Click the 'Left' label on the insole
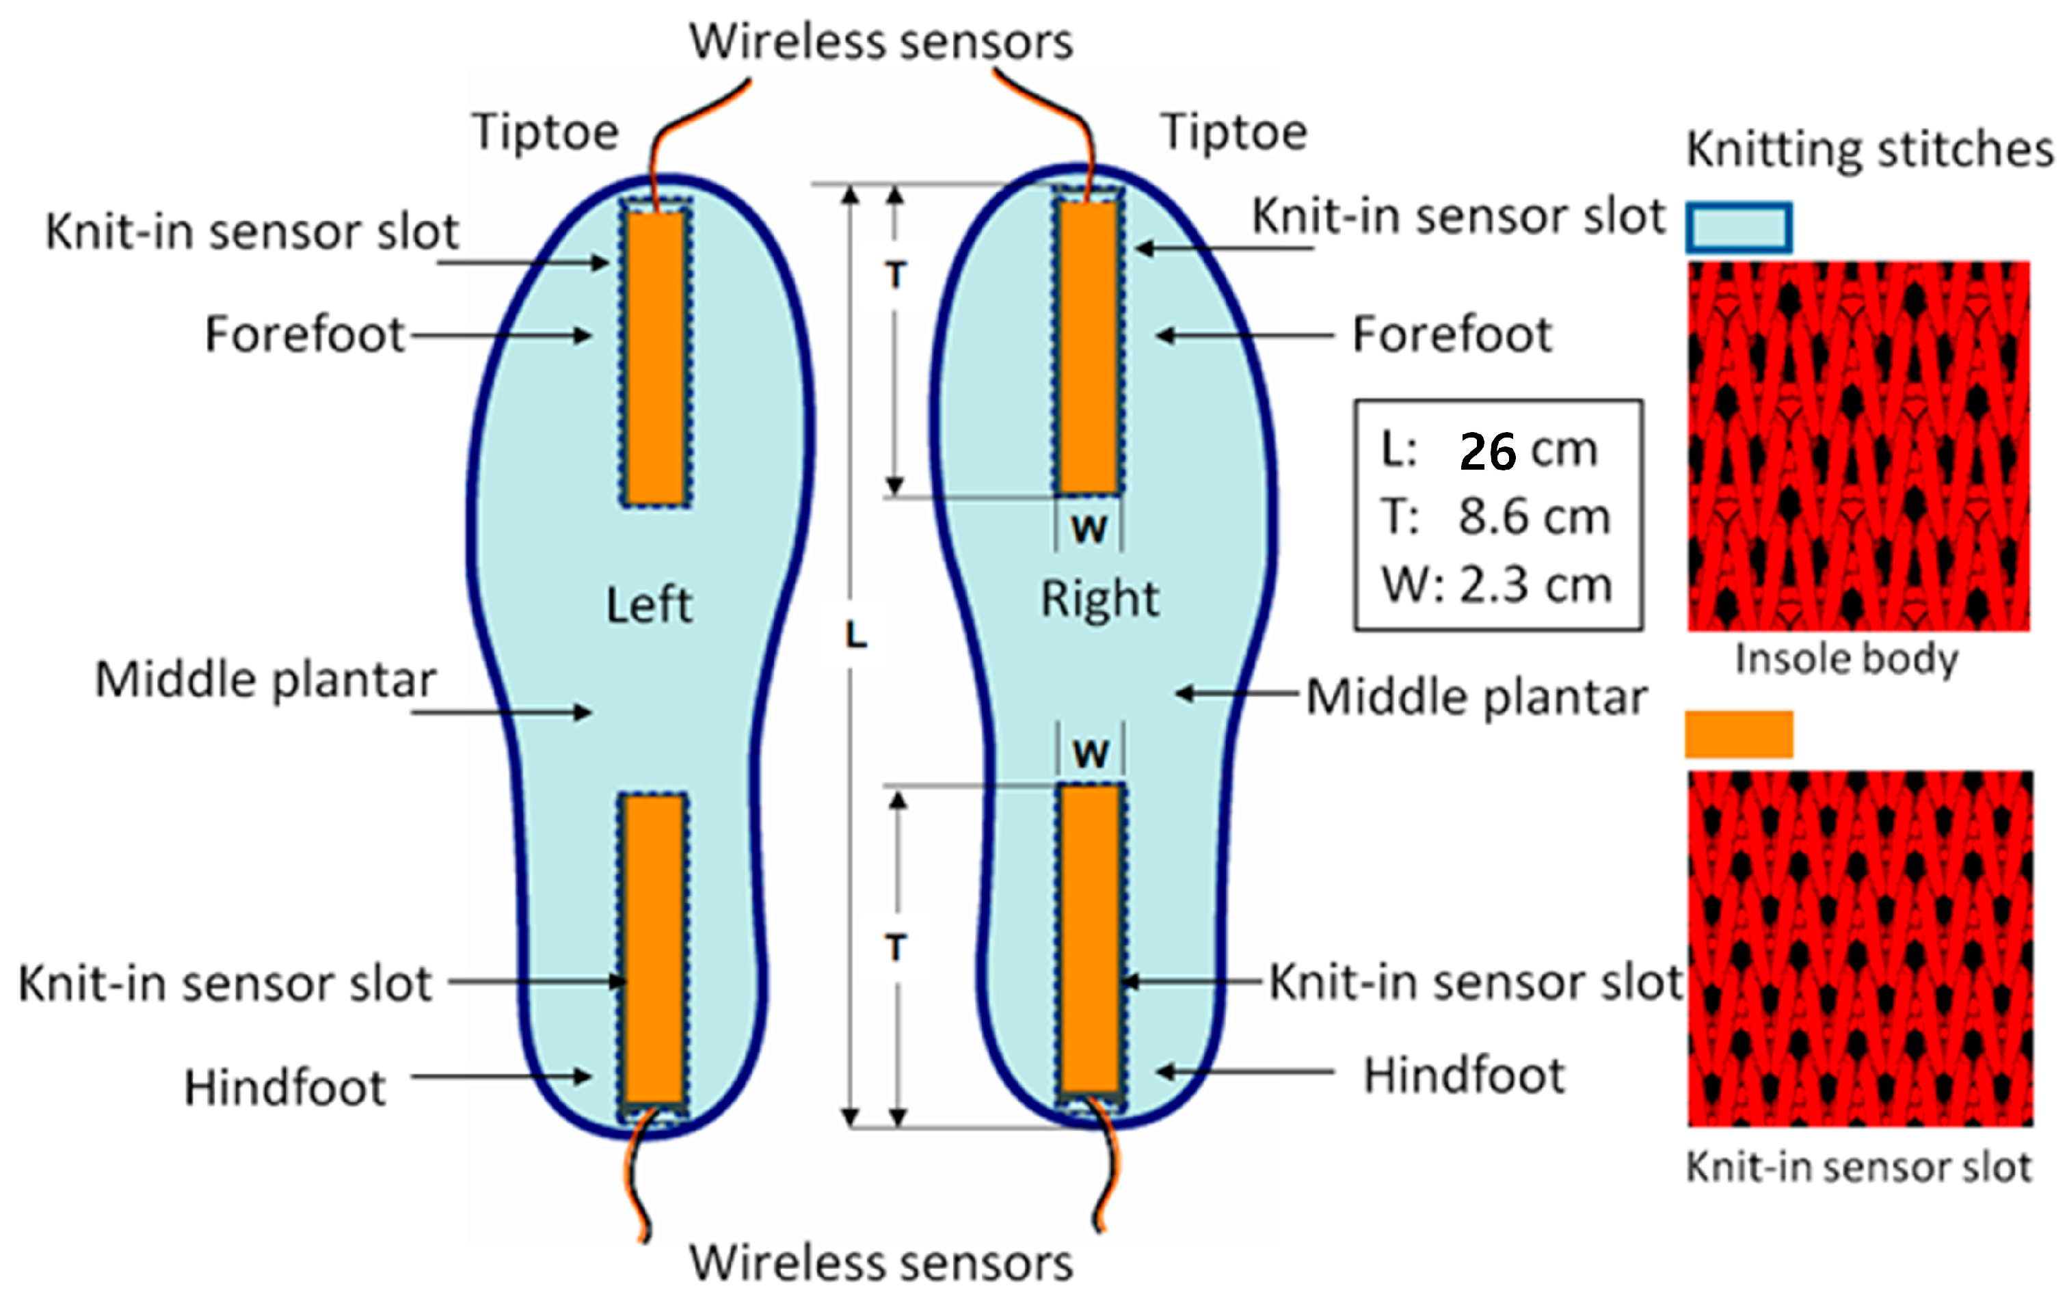pyautogui.click(x=649, y=605)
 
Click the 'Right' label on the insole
pyautogui.click(x=1099, y=598)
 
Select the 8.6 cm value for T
pyautogui.click(x=1534, y=518)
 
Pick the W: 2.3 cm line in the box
pyautogui.click(x=1497, y=585)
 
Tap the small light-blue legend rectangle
pyautogui.click(x=1739, y=228)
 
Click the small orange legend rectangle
pyautogui.click(x=1739, y=735)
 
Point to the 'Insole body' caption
pyautogui.click(x=1846, y=659)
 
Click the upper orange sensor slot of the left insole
pyautogui.click(x=656, y=357)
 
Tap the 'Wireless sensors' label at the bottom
pyautogui.click(x=881, y=1263)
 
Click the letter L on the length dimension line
pyautogui.click(x=856, y=636)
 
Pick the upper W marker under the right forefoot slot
pyautogui.click(x=1089, y=528)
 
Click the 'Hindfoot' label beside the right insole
pyautogui.click(x=1465, y=1075)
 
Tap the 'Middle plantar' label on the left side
pyautogui.click(x=265, y=681)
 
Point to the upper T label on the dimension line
pyautogui.click(x=895, y=276)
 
